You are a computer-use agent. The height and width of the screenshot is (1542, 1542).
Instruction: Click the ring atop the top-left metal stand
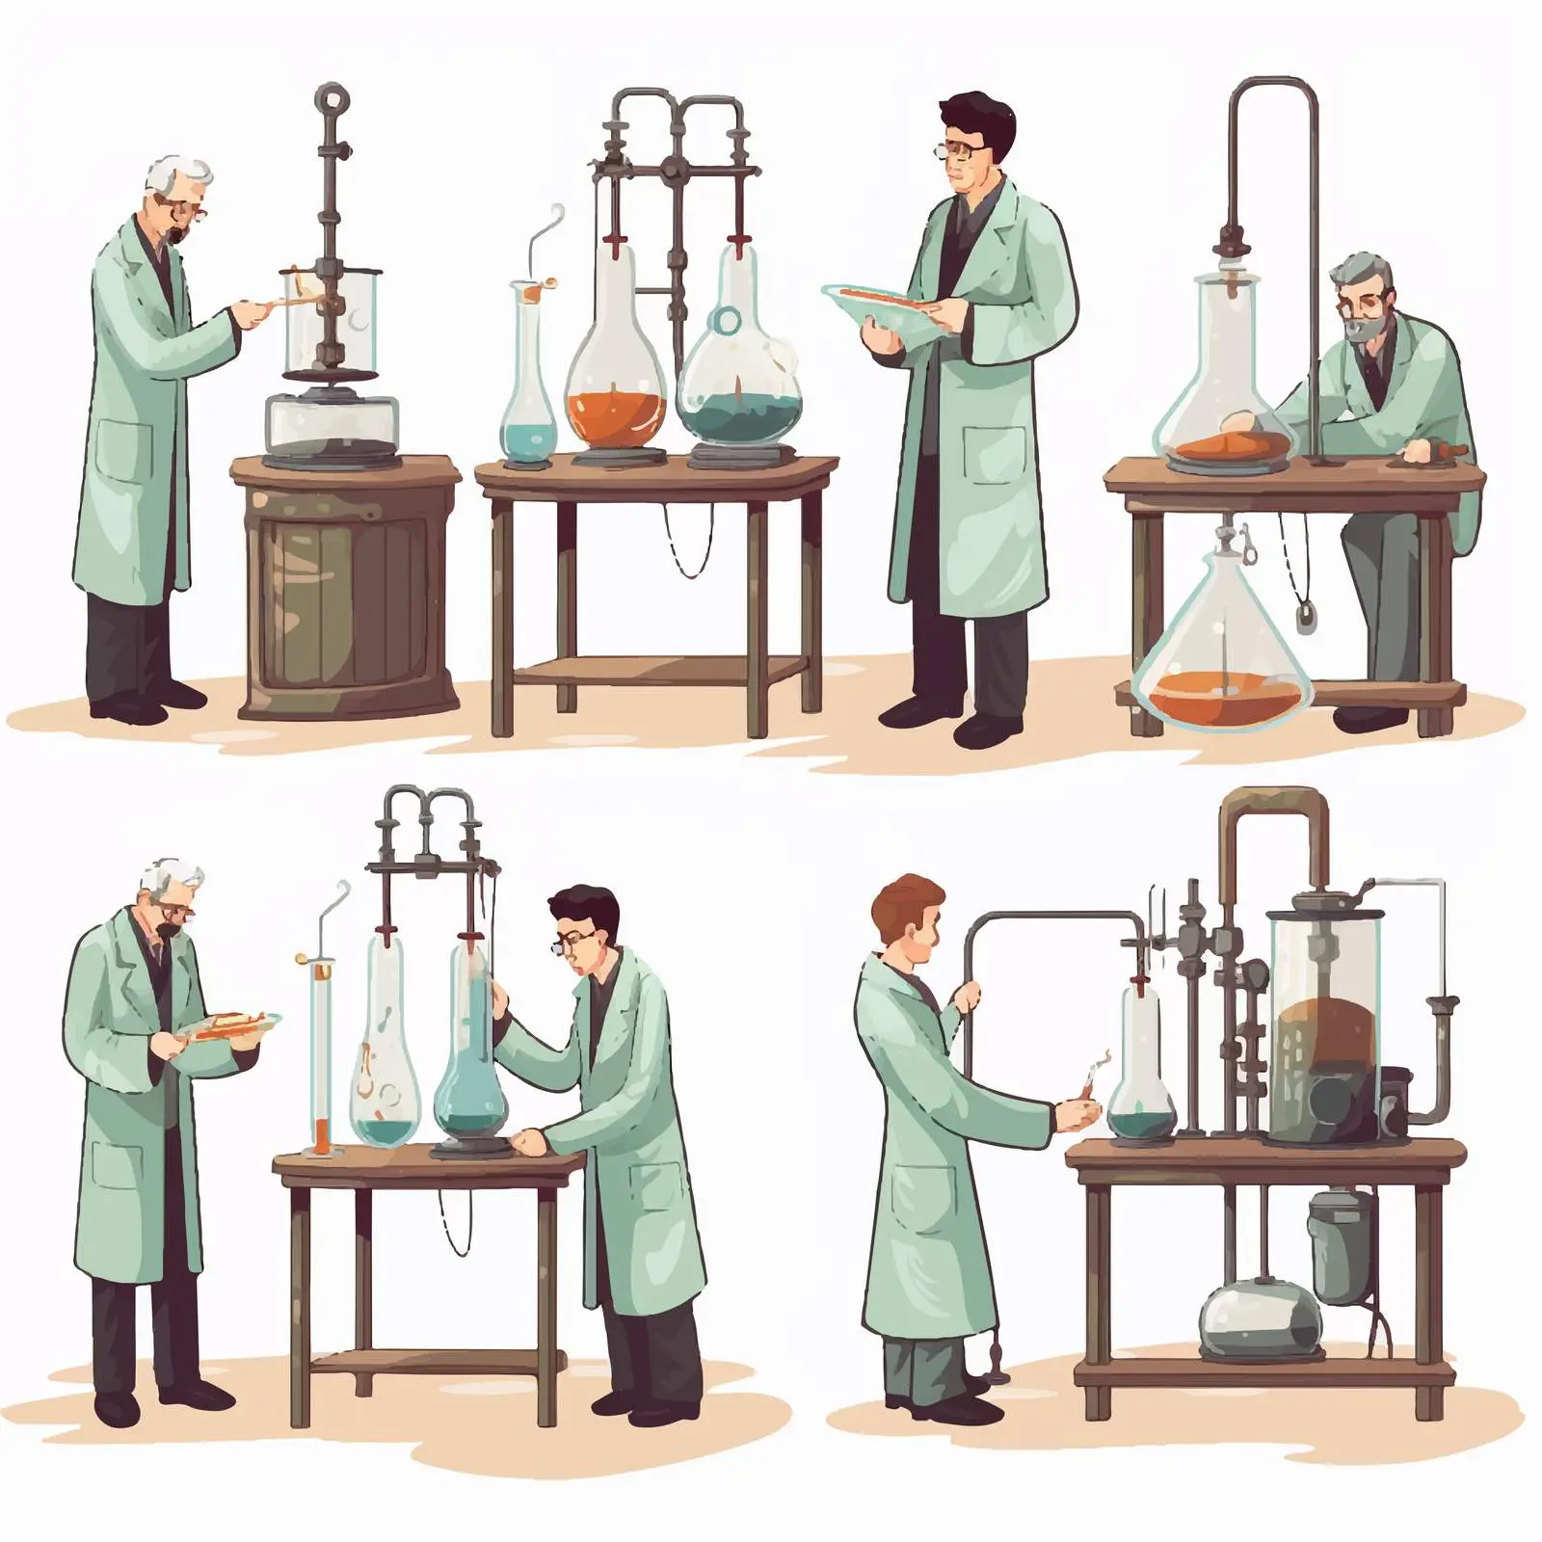tap(331, 98)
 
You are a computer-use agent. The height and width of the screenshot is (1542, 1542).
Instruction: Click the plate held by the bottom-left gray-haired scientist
tap(231, 1025)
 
